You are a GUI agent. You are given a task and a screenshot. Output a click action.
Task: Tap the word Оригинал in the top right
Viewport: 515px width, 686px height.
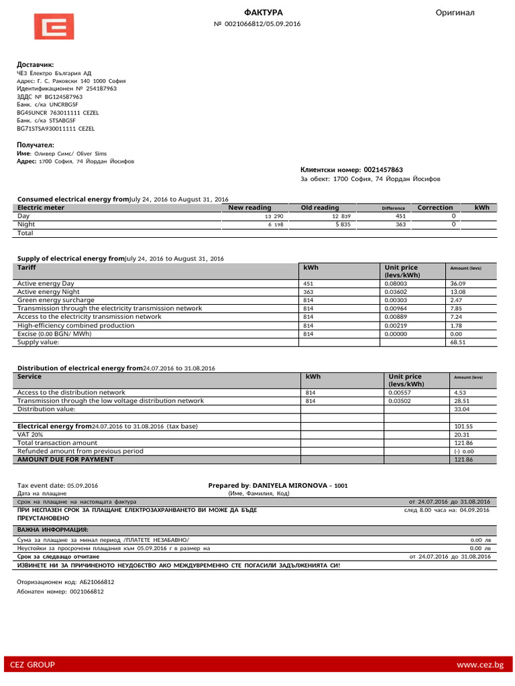click(455, 13)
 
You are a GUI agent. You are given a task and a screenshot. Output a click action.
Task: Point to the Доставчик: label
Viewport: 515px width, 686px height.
click(35, 64)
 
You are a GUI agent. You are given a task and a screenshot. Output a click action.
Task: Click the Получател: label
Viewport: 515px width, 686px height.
click(36, 145)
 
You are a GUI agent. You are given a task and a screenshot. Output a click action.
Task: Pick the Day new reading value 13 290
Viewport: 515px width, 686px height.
click(274, 216)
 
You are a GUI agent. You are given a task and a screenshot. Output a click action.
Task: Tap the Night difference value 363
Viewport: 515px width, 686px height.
click(401, 225)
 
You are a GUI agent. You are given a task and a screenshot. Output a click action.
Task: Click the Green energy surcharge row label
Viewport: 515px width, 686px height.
click(56, 300)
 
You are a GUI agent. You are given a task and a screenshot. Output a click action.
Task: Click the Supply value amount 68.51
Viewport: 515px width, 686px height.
click(459, 342)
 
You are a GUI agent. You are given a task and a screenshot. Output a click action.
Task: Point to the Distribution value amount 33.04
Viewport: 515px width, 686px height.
click(461, 409)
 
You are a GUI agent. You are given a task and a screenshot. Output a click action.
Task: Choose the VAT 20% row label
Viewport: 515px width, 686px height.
click(35, 435)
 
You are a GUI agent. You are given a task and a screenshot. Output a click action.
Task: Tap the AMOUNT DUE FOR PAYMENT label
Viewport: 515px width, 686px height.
click(65, 460)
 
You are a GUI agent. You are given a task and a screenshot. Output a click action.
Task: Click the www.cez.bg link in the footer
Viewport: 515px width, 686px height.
click(479, 665)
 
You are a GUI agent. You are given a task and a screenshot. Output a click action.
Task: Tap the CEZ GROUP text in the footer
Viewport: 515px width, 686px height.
click(32, 665)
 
